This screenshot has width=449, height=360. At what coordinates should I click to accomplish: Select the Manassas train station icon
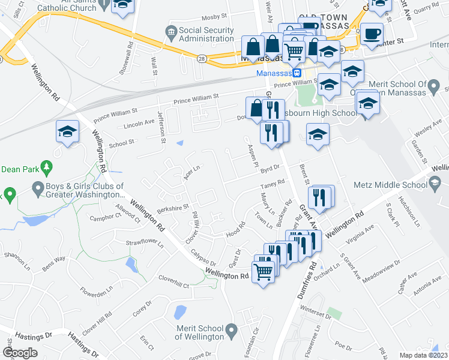coord(297,73)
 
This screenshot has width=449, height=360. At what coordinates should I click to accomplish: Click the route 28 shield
coord(202,58)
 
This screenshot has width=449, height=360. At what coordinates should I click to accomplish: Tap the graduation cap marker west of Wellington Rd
coord(68,132)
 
